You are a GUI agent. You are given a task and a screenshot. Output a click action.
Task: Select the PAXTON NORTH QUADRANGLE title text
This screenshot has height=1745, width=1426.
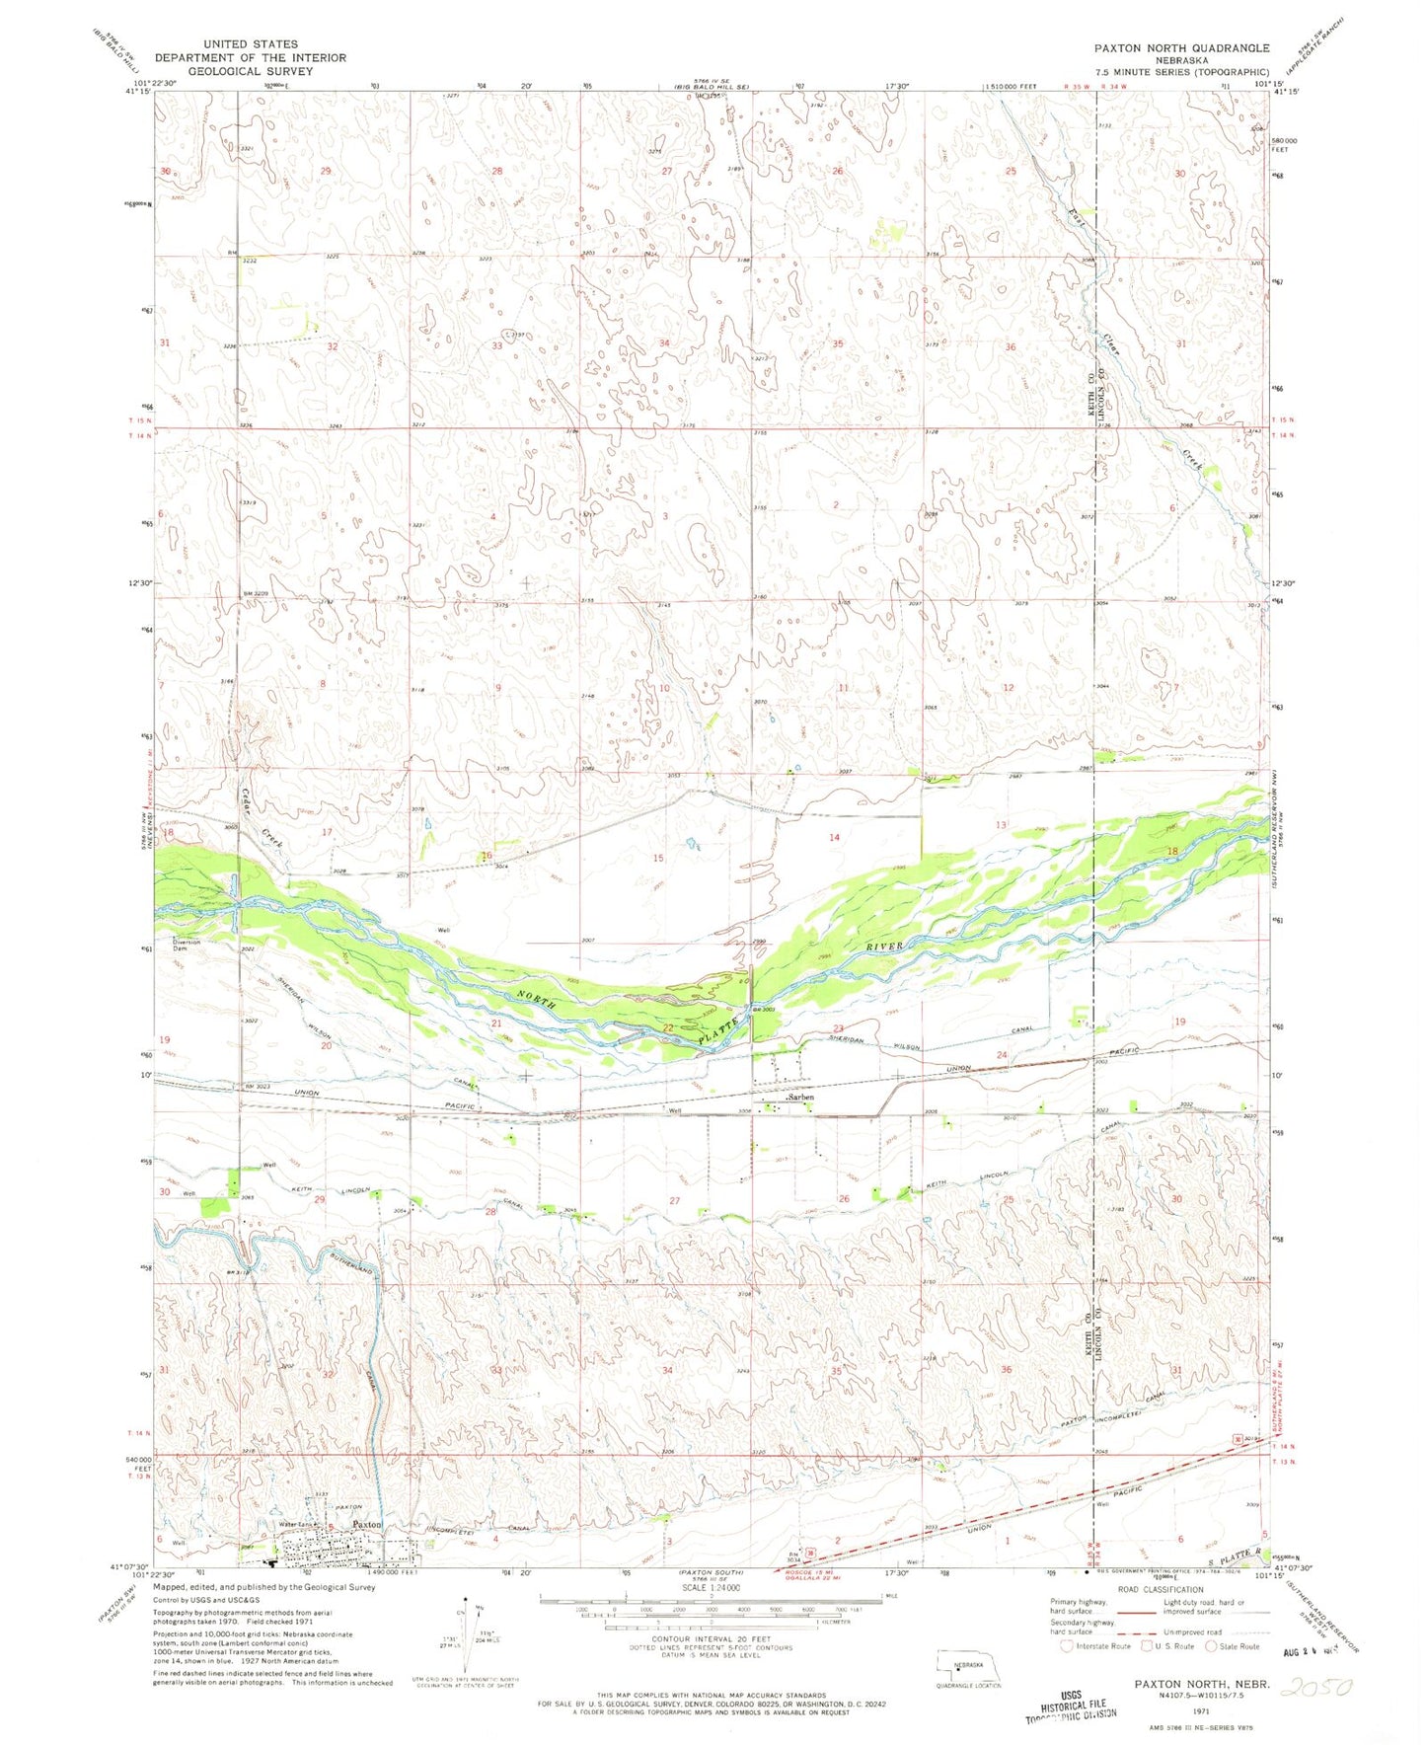pyautogui.click(x=1180, y=47)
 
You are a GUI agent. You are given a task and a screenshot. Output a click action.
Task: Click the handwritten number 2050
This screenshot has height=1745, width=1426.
pyautogui.click(x=1316, y=1687)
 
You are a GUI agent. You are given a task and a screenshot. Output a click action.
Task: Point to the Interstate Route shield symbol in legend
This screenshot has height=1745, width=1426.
pyautogui.click(x=1066, y=1645)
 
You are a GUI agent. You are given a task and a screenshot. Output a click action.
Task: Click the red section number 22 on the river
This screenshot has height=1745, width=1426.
pyautogui.click(x=668, y=1028)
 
